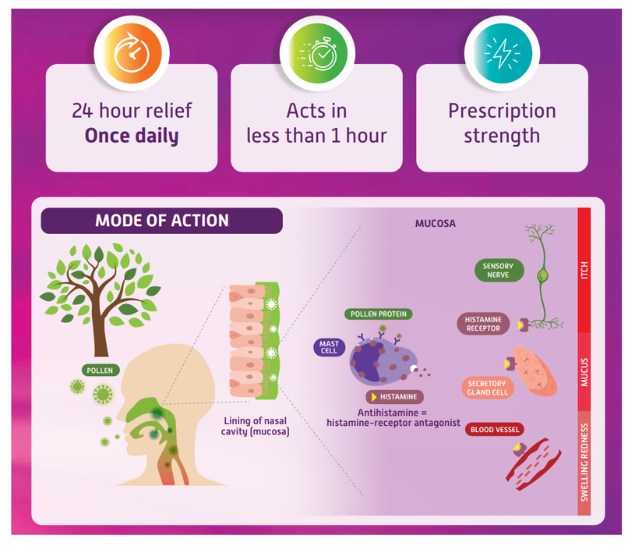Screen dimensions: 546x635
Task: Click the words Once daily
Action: coord(132,136)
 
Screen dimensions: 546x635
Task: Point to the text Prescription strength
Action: coord(502,122)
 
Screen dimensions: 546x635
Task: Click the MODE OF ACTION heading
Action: coord(162,221)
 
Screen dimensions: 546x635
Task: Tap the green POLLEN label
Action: coord(101,370)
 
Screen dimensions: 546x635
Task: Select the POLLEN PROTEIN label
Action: coord(378,314)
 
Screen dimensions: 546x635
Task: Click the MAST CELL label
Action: coord(330,346)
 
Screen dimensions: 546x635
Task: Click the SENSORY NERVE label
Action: coord(498,271)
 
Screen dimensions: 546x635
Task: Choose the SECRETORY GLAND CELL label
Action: coord(487,388)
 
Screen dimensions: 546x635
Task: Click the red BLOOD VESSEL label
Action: coord(495,429)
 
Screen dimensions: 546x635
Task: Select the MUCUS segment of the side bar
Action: coord(584,372)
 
